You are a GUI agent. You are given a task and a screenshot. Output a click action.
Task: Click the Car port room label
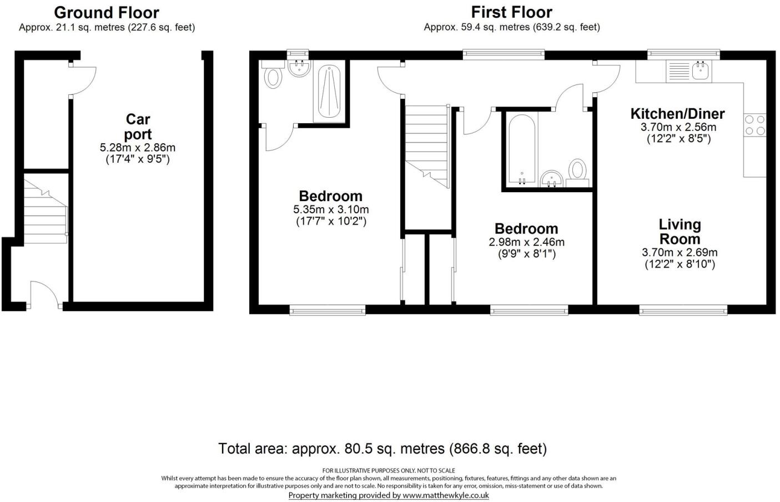coord(138,127)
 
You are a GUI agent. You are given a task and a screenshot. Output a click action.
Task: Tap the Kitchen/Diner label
coord(677,114)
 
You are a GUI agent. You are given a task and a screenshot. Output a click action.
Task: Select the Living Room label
coord(680,232)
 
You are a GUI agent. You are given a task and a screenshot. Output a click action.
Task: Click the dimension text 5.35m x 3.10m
coord(331,209)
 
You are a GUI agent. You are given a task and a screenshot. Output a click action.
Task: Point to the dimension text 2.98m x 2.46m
coord(526,242)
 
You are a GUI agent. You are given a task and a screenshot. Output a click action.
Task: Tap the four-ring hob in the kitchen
coord(754,125)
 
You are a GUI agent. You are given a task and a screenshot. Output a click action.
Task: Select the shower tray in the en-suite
coord(329,92)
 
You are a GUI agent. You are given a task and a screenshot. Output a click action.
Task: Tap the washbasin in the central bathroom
coord(551,178)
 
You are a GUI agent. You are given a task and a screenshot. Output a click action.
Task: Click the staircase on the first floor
coord(426,146)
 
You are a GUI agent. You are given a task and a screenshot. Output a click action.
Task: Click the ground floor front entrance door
coord(44,294)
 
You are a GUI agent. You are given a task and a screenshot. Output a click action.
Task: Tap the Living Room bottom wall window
coord(683,310)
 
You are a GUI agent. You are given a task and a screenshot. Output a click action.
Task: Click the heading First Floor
coord(511,12)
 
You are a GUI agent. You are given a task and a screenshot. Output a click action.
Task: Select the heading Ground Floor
coord(107,12)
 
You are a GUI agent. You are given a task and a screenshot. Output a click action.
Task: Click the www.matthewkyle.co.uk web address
coord(445,495)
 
